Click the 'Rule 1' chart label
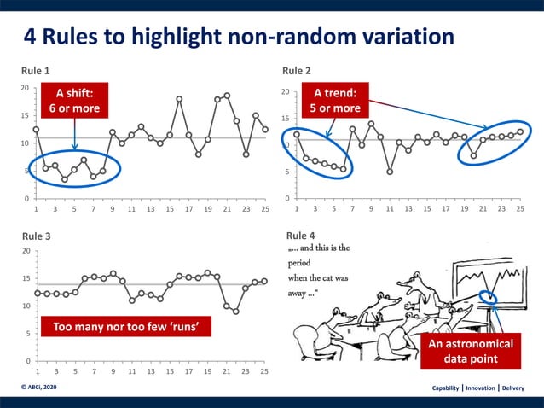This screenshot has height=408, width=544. point(36,70)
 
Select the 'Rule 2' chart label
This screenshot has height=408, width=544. point(297,70)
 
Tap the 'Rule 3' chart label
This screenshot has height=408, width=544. point(36,236)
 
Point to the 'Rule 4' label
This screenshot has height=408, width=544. point(300,236)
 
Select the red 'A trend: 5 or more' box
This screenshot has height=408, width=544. point(337,101)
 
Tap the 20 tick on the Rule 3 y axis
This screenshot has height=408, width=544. point(26,251)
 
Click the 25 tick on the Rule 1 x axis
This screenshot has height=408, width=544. point(265,208)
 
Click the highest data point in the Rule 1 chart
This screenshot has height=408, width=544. point(227,96)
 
